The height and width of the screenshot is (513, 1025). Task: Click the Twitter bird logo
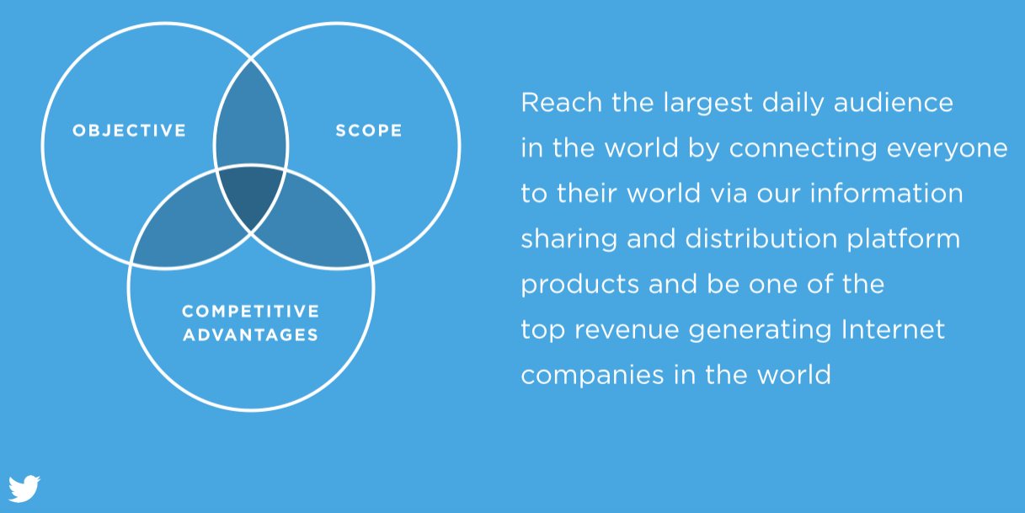[x=24, y=489]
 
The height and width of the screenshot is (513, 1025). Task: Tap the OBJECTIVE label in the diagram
[x=130, y=131]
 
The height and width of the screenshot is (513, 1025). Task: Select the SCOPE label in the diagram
[x=369, y=131]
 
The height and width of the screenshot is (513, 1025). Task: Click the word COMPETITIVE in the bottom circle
[x=250, y=311]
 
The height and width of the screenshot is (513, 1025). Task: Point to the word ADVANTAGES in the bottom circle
[x=250, y=335]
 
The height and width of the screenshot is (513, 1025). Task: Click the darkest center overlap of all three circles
[x=250, y=195]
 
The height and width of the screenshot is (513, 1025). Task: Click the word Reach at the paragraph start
[x=561, y=102]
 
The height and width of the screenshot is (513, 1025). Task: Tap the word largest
[x=707, y=104]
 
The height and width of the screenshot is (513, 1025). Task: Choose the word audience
[x=894, y=102]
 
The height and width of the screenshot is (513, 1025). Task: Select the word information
[x=886, y=193]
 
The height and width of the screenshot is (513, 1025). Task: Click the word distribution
[x=761, y=238]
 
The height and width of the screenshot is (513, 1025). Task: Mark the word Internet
[x=894, y=329]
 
